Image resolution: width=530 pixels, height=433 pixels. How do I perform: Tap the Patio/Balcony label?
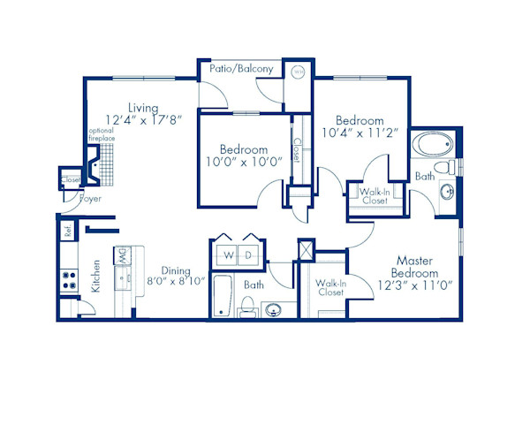pos(241,68)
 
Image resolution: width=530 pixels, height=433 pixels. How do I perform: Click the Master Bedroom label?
pos(418,267)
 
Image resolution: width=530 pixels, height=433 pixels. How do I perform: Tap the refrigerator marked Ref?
pos(67,232)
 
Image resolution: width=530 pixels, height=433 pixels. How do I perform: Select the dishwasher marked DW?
pos(123,259)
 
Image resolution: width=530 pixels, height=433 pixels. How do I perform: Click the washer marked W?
pos(228,256)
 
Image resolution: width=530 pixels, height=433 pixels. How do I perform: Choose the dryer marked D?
pos(249,256)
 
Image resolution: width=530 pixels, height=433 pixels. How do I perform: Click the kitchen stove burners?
pos(68,282)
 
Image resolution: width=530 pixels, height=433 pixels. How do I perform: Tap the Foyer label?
pos(90,200)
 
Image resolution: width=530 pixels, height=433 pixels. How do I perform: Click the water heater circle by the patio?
pos(299,72)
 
